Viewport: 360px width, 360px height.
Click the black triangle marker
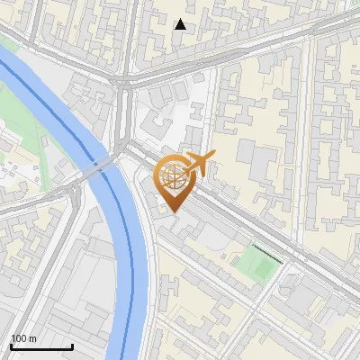coord(181,24)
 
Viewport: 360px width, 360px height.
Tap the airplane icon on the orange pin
coord(200,164)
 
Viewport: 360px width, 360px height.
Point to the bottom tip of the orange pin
coord(172,211)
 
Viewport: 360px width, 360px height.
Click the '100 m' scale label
coord(23,338)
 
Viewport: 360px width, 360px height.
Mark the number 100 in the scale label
coord(20,338)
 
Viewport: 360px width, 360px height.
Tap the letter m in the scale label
coord(32,338)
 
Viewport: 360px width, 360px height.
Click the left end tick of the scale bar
coord(10,346)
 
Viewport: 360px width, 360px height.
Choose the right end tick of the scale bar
coord(72,346)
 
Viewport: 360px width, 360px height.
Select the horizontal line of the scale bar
coord(40,347)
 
